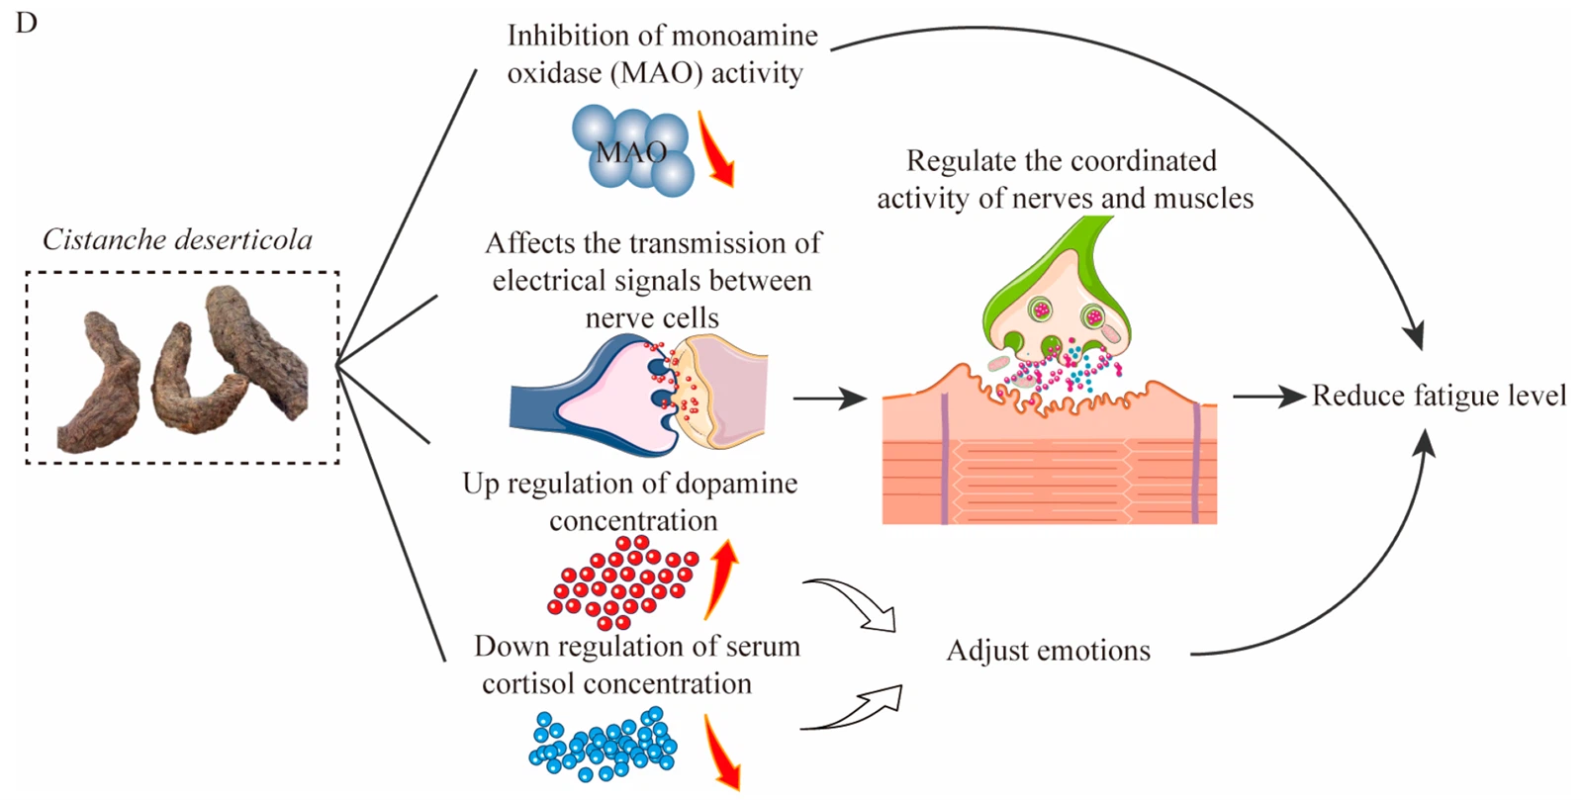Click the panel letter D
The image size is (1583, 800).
coord(26,22)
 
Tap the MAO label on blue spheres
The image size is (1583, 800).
coord(630,152)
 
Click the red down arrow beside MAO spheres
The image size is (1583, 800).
coord(717,149)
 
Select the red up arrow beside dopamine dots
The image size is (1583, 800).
coord(722,578)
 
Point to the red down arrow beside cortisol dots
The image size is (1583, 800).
coord(722,752)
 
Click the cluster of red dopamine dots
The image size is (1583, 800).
coord(621,583)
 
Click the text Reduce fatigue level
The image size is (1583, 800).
coord(1439,396)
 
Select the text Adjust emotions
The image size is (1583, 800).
coord(1048,651)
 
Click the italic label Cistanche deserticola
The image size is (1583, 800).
coord(177,239)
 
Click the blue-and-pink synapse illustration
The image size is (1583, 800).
coord(638,396)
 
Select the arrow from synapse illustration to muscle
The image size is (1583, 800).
coord(829,399)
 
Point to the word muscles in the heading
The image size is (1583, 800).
coord(1198,199)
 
